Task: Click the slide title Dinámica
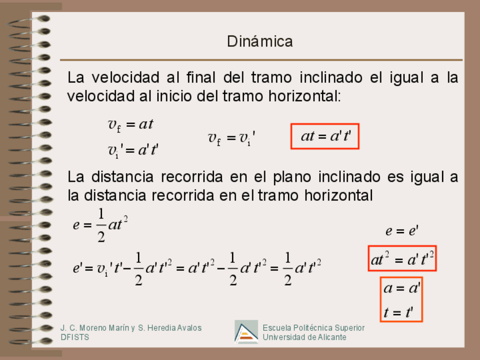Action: pos(260,41)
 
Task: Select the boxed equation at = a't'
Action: pos(325,136)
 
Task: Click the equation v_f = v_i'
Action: pos(232,138)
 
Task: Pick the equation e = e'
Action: pos(401,231)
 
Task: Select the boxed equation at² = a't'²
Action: pos(402,260)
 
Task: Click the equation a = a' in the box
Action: pos(401,288)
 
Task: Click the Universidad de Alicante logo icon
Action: pos(246,332)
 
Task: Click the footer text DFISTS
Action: pos(75,337)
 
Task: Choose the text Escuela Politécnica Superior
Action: pos(314,328)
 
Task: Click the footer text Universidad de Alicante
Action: pos(305,337)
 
